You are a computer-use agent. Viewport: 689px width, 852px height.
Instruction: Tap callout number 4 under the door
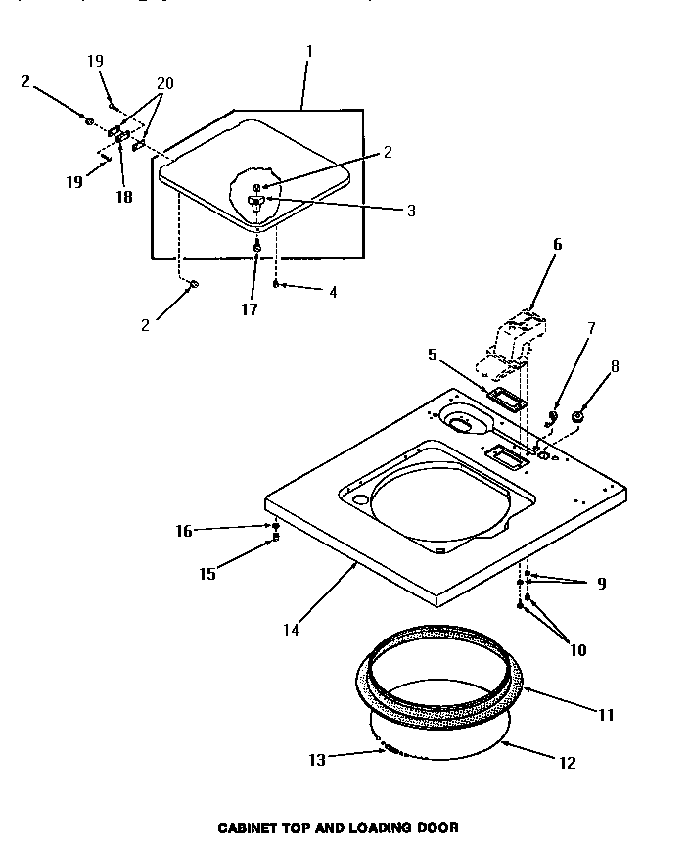[x=333, y=292]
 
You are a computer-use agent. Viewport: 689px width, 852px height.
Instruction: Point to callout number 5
[x=431, y=355]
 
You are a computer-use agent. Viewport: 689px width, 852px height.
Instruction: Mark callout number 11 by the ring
[x=605, y=715]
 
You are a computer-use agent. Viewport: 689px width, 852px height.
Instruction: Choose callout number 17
[x=250, y=309]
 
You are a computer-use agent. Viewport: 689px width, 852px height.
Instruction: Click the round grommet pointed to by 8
[x=577, y=418]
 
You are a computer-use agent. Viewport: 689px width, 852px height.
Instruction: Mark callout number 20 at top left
[x=164, y=84]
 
